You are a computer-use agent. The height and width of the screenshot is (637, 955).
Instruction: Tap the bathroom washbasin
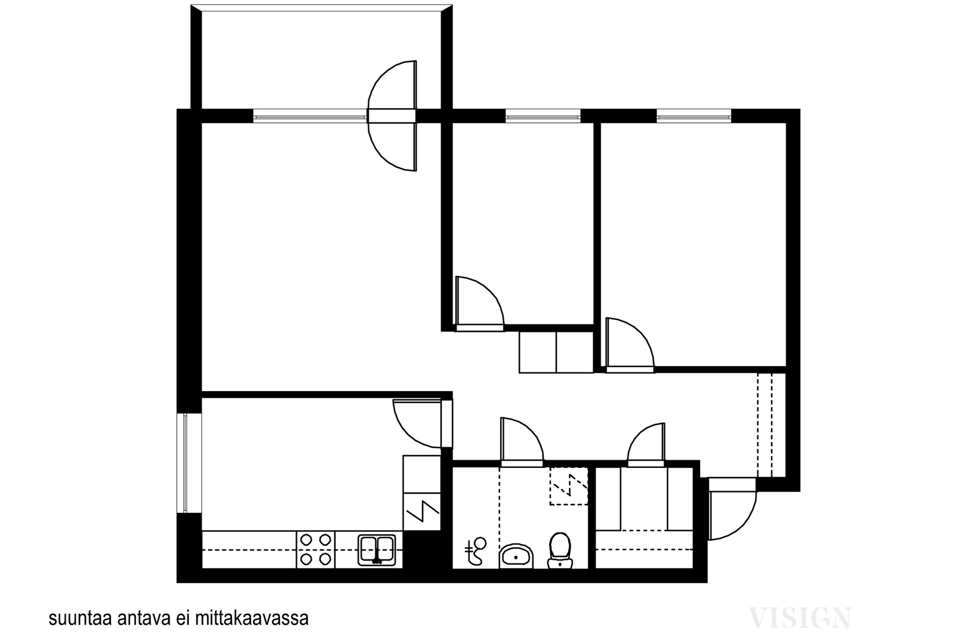516,556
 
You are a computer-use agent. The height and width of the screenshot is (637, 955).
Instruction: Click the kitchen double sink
377,550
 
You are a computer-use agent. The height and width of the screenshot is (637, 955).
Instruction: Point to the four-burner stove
316,550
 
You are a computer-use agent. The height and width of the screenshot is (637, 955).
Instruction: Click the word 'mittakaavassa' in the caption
251,618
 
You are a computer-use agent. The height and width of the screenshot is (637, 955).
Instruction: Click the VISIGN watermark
800,617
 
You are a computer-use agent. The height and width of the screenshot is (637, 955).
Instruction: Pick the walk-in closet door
646,445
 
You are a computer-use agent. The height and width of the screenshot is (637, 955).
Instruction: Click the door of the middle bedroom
480,304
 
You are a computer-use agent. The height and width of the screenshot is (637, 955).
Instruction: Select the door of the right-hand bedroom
630,345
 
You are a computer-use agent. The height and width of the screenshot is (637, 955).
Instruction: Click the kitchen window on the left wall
185,463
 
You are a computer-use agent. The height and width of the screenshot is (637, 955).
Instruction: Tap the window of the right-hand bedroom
694,116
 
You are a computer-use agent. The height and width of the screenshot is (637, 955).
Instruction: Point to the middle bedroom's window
543,116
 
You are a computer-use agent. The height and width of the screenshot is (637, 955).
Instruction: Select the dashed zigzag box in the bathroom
569,487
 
